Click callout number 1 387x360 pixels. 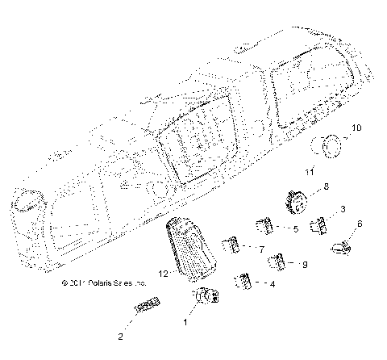(x=188, y=322)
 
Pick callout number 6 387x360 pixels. (x=359, y=224)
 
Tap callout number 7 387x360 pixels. (x=260, y=249)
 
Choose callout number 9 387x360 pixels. (x=305, y=265)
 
